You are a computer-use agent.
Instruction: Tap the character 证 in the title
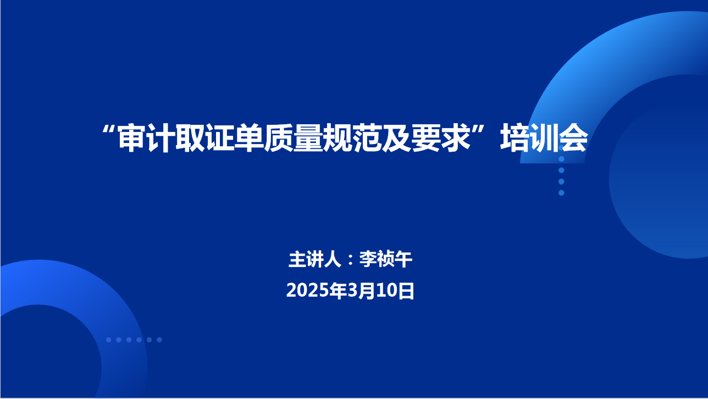(x=220, y=138)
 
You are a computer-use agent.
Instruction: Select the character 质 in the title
(x=279, y=138)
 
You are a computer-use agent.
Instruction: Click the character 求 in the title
(x=456, y=138)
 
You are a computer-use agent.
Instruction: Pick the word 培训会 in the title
(x=544, y=138)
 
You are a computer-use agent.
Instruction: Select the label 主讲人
(x=315, y=259)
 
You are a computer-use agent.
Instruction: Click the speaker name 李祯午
(x=386, y=259)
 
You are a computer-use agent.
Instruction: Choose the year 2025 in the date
(x=307, y=291)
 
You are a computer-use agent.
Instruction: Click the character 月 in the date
(x=367, y=291)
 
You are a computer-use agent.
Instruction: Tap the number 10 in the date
(x=386, y=291)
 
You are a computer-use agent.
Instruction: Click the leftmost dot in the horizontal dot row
(x=108, y=340)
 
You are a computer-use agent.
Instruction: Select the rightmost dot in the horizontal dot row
(x=159, y=340)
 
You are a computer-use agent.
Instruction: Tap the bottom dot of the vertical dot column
(x=561, y=193)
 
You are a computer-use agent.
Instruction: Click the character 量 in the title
(x=308, y=138)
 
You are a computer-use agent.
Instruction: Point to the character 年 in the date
(x=338, y=291)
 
